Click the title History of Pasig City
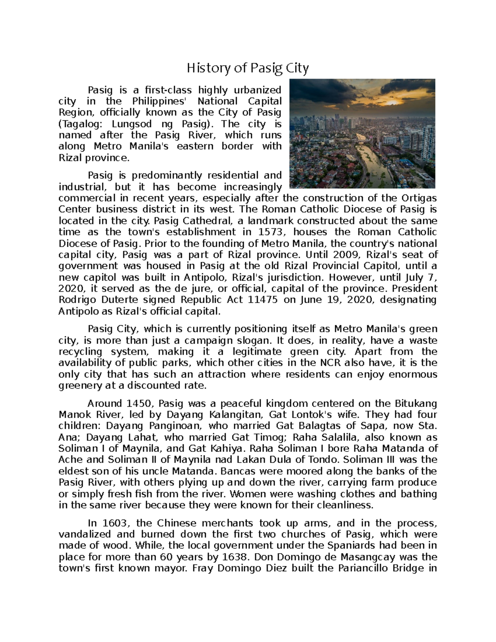(248, 68)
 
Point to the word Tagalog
(80, 124)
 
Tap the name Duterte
(119, 299)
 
